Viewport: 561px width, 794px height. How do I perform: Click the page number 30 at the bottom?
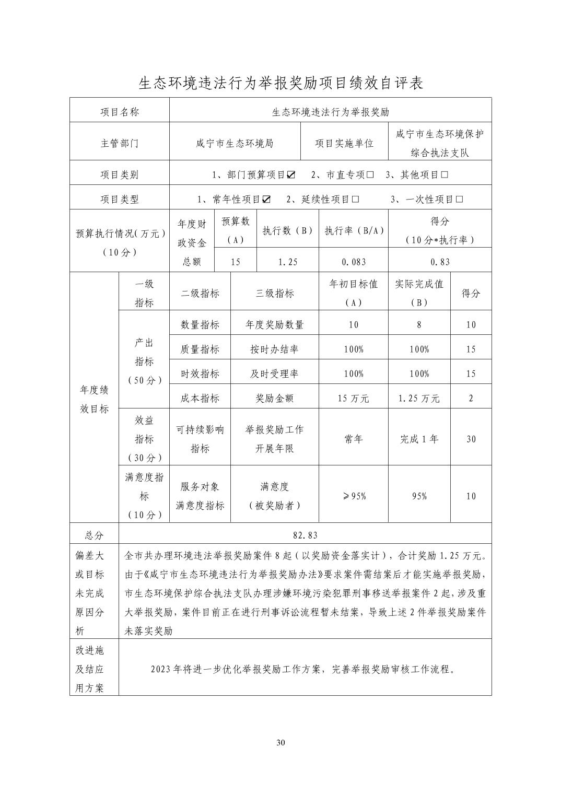click(280, 743)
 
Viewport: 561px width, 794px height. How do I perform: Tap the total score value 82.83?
click(305, 535)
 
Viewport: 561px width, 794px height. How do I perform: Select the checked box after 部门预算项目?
click(291, 175)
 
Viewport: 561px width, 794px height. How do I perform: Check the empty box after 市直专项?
click(370, 175)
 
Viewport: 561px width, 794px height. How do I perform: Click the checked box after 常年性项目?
click(267, 200)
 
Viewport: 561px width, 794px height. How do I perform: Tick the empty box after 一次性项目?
click(460, 200)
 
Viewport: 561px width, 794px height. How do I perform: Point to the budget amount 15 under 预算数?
click(236, 262)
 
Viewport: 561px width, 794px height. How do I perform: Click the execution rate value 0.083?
click(353, 262)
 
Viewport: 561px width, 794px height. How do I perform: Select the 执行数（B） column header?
click(287, 230)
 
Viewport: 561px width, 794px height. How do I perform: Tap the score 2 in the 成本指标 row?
click(471, 398)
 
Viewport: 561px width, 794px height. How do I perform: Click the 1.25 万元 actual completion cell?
click(419, 398)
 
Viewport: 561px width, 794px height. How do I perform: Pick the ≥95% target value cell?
click(354, 496)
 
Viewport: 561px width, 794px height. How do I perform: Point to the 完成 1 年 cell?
click(419, 439)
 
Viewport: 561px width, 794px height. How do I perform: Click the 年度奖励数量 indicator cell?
click(275, 324)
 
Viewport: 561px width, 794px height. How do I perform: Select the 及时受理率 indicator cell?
click(275, 373)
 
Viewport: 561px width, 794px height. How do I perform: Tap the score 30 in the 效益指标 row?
click(471, 439)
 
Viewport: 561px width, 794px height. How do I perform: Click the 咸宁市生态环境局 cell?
click(235, 143)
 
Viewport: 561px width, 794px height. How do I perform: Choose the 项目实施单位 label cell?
click(344, 143)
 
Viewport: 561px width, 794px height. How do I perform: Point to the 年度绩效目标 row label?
click(95, 400)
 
